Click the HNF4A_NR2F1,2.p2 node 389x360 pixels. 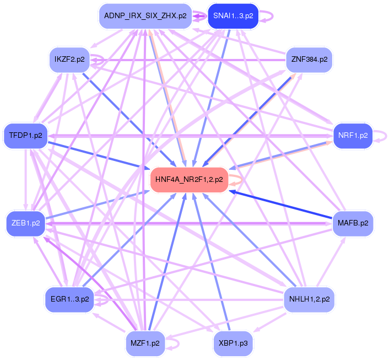pyautogui.click(x=189, y=180)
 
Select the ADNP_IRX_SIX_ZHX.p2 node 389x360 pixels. pyautogui.click(x=145, y=16)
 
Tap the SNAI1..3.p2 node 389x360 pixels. pyautogui.click(x=233, y=16)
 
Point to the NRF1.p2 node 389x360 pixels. pyautogui.click(x=353, y=136)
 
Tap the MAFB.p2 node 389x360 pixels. pyautogui.click(x=353, y=223)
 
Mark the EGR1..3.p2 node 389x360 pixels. pyautogui.click(x=69, y=299)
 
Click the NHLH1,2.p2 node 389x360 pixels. pyautogui.click(x=309, y=299)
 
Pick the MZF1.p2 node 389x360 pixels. pyautogui.click(x=145, y=343)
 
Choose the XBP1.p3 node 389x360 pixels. pyautogui.click(x=233, y=343)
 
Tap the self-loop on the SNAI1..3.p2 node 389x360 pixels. pyautogui.click(x=271, y=16)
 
